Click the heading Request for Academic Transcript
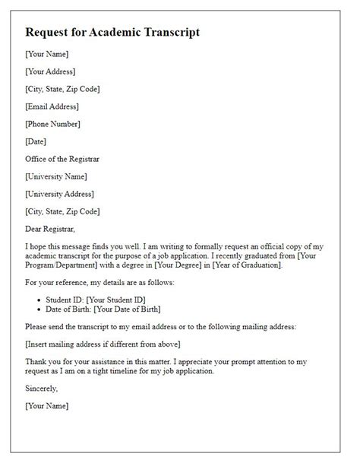click(113, 33)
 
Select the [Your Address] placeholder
click(50, 71)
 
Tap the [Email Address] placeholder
click(52, 106)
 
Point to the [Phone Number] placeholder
click(52, 124)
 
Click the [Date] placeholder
click(36, 141)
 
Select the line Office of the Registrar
click(64, 158)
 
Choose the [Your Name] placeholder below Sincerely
click(47, 406)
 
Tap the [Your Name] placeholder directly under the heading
click(47, 54)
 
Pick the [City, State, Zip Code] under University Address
click(62, 211)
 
